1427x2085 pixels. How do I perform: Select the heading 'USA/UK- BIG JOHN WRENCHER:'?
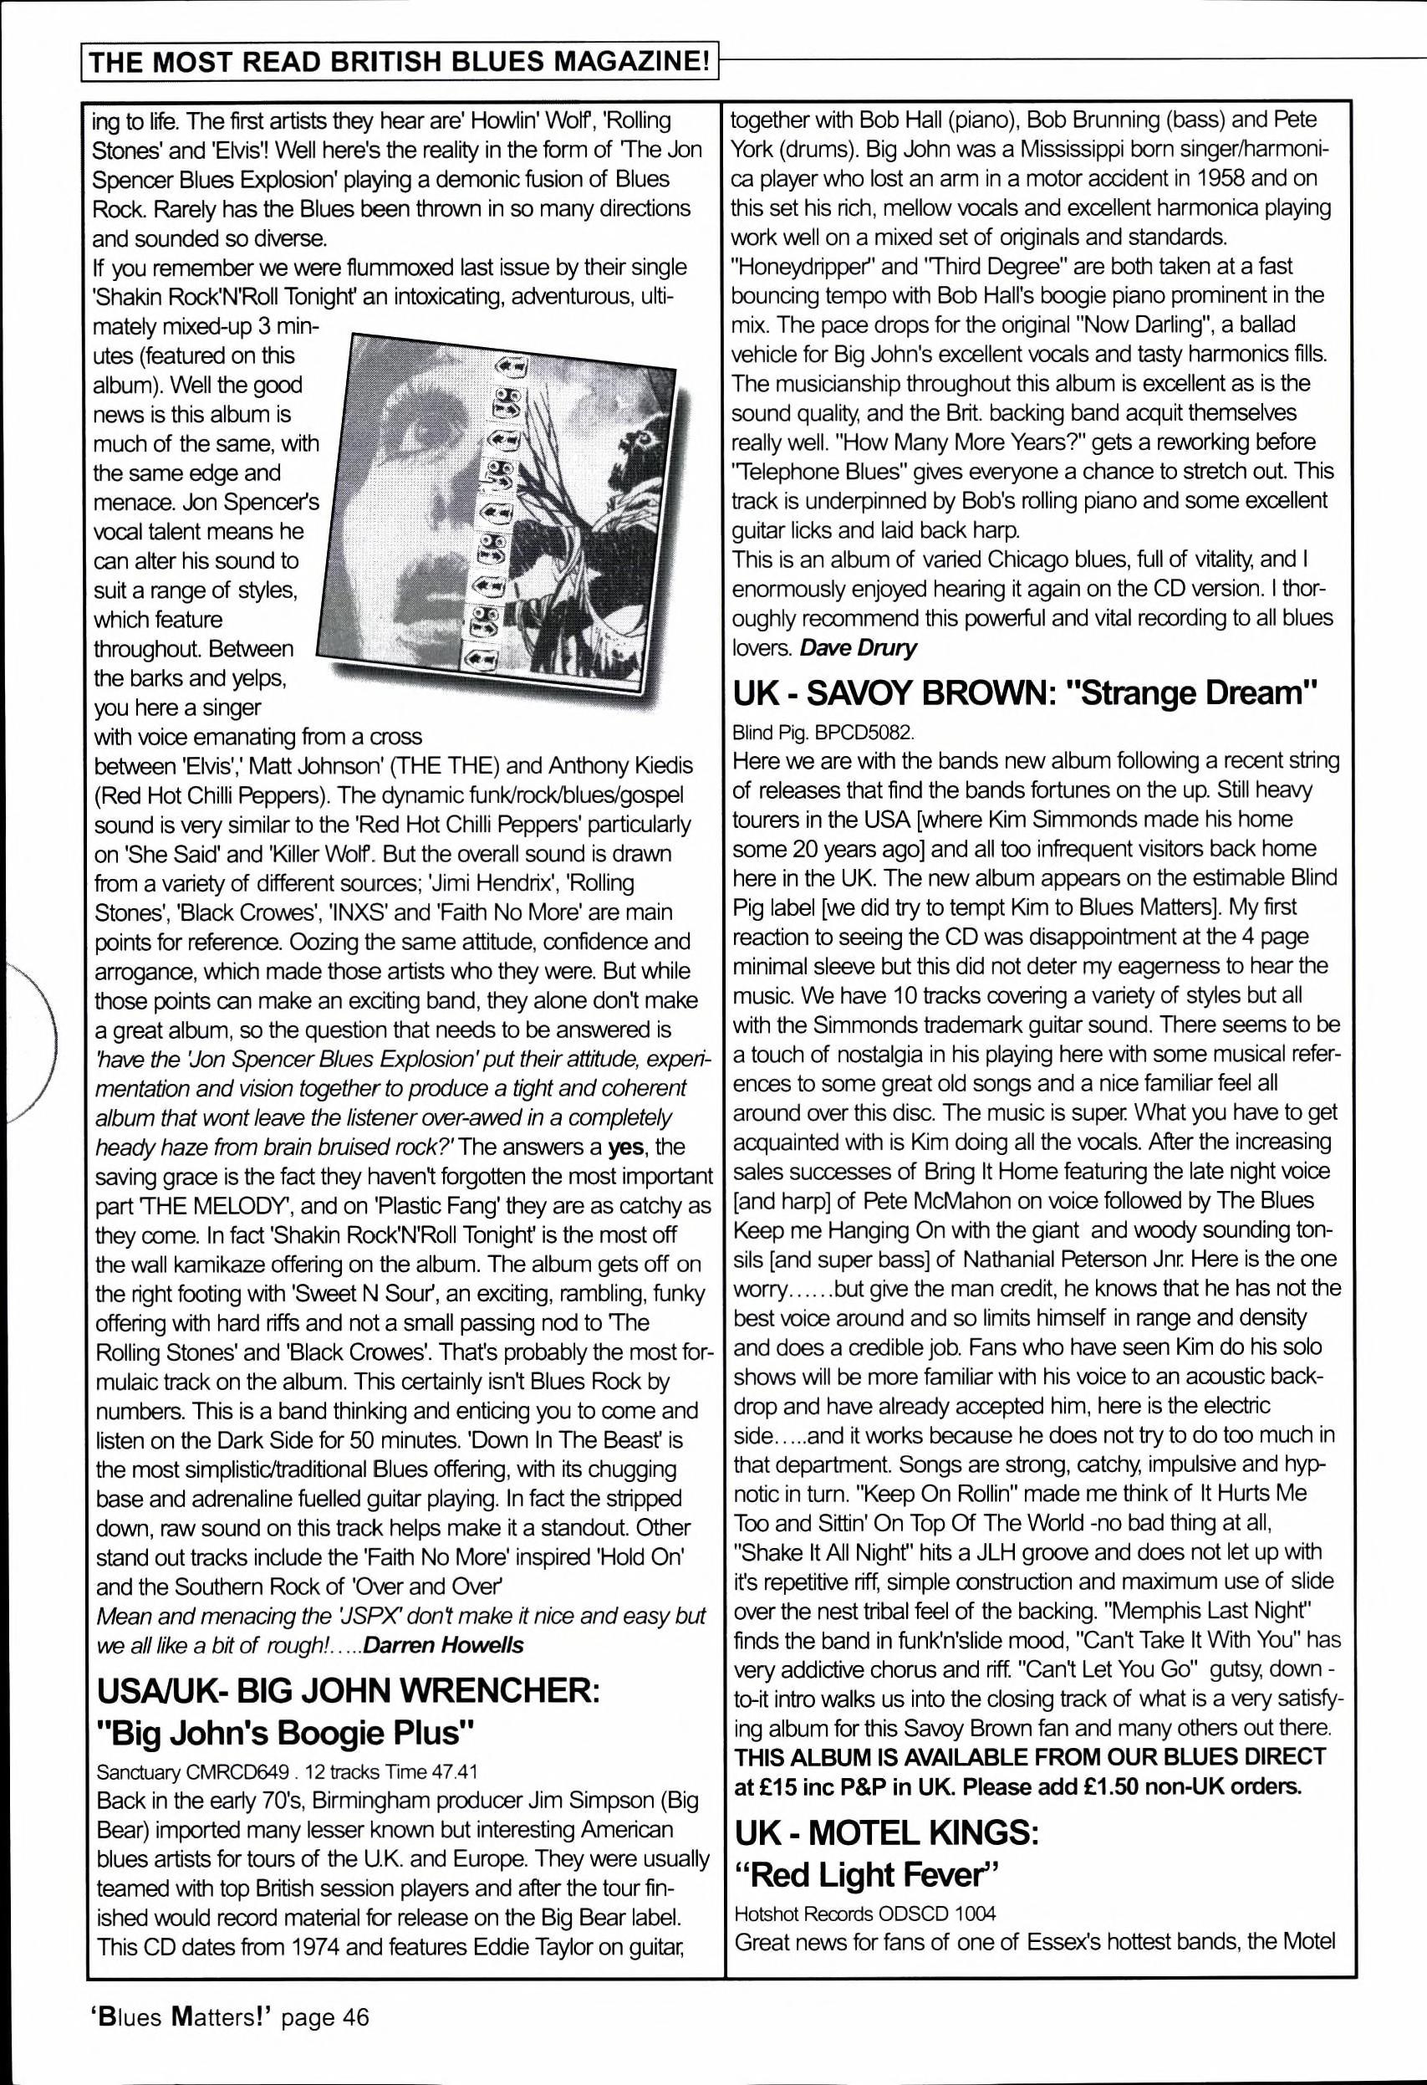pos(346,1692)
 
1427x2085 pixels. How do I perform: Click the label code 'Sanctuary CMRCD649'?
pos(193,1771)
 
